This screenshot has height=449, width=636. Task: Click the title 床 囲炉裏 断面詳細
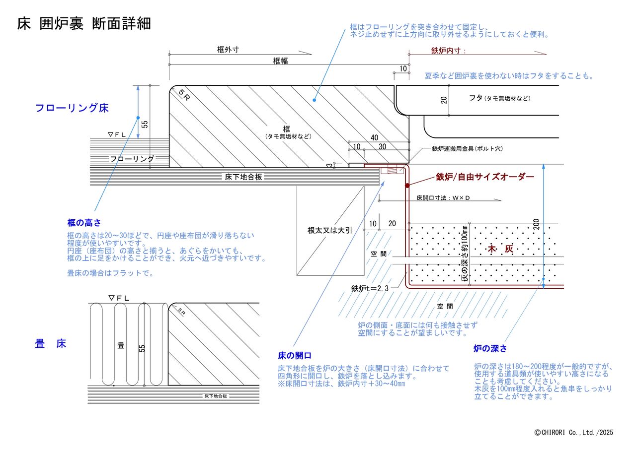click(x=84, y=23)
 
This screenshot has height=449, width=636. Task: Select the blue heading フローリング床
click(x=72, y=108)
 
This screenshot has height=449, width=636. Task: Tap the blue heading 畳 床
click(x=51, y=343)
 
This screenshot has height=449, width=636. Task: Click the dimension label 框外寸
click(x=228, y=50)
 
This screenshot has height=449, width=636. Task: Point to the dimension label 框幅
click(x=280, y=61)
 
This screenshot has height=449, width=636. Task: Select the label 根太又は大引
click(x=329, y=230)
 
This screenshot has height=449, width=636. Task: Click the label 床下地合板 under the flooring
click(x=243, y=177)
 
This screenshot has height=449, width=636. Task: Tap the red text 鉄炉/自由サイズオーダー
click(x=485, y=177)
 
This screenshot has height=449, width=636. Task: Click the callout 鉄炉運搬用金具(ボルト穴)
click(x=468, y=148)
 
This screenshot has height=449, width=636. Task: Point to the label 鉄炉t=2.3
click(x=370, y=288)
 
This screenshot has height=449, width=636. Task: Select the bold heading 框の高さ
click(x=84, y=223)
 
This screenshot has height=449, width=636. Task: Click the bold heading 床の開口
click(x=295, y=355)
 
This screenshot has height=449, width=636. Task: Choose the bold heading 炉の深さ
click(x=490, y=348)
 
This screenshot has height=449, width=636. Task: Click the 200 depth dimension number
click(x=536, y=224)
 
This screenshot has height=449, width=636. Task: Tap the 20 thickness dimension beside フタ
click(x=444, y=100)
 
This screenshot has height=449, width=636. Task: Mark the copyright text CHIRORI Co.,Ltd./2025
click(x=573, y=432)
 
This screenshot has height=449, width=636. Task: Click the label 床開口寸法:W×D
click(x=443, y=198)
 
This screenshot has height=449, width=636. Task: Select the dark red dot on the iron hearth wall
click(x=407, y=186)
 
